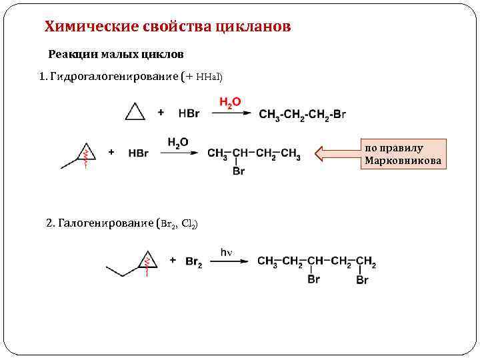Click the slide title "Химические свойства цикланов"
tap(167, 27)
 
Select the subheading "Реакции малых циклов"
tap(115, 53)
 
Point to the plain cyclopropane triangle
tap(135, 112)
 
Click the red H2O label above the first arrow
tap(230, 101)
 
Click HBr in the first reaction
tap(189, 113)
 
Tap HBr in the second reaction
tap(138, 153)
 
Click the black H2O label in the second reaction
tap(178, 142)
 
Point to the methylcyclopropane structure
tap(81, 155)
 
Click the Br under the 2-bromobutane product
tap(238, 171)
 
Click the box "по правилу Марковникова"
tap(403, 154)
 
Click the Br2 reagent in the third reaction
tap(195, 262)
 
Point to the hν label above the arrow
tap(226, 251)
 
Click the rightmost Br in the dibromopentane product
tap(362, 280)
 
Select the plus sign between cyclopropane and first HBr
tap(161, 113)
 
